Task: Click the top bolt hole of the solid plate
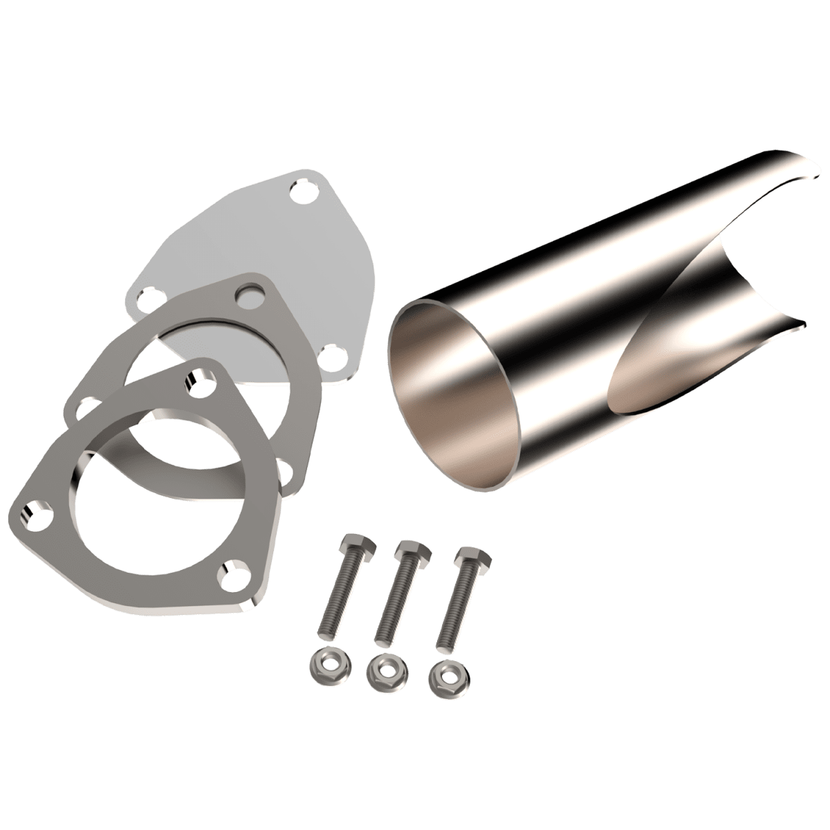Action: click(x=301, y=187)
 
